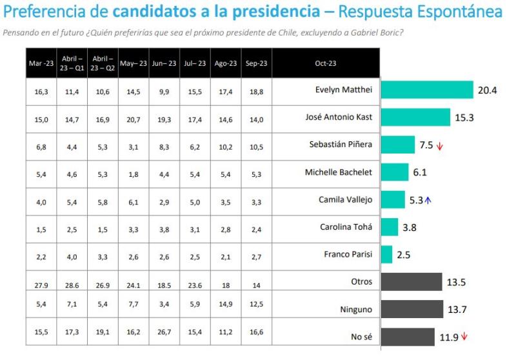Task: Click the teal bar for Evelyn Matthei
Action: coord(427,90)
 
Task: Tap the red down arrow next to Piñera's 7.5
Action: coord(440,146)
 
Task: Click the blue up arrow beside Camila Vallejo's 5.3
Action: coord(428,200)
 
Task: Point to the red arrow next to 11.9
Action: coord(464,336)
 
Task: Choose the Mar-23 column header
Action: coord(41,63)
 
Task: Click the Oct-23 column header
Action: coord(326,63)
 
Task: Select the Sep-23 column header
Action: coord(257,63)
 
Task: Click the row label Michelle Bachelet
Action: coord(339,172)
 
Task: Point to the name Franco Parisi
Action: coord(348,254)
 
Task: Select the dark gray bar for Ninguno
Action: coord(412,310)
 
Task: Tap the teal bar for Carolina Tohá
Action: coord(390,227)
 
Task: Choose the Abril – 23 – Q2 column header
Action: coord(103,63)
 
